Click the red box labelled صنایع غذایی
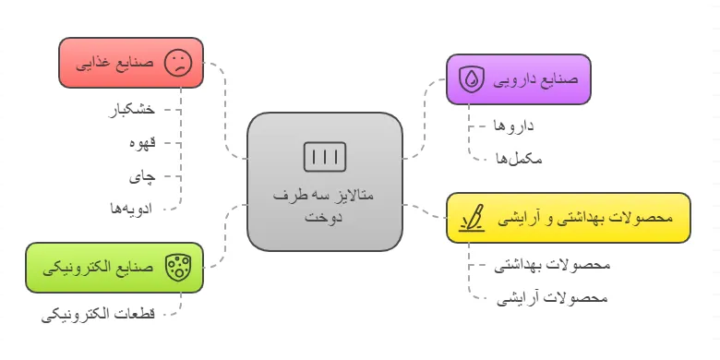(130, 63)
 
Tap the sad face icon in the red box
(177, 63)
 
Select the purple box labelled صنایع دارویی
(518, 79)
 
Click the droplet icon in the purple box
(473, 79)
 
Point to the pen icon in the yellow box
(473, 219)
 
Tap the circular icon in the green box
(176, 268)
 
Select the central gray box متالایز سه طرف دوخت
(325, 182)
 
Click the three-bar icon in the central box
(325, 156)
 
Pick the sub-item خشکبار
(132, 110)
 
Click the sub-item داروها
(514, 125)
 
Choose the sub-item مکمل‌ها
(518, 158)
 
